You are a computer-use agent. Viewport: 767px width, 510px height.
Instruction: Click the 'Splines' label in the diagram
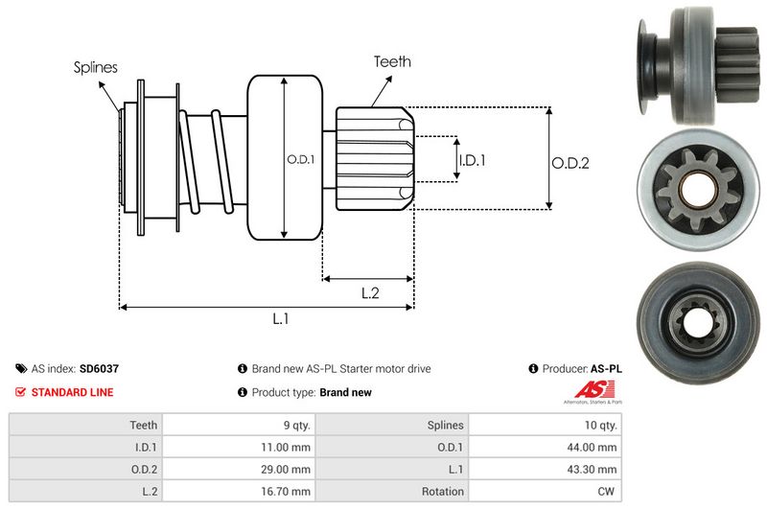95,67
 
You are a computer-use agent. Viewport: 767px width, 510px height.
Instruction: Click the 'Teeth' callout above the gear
392,61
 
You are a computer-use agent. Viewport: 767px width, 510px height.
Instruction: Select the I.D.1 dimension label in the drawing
472,160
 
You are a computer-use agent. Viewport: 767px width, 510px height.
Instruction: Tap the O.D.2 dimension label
569,163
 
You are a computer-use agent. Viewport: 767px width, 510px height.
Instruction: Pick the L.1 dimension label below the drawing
281,319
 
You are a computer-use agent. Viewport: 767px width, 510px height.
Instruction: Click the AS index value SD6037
100,368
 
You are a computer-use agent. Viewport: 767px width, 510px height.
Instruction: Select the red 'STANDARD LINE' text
72,392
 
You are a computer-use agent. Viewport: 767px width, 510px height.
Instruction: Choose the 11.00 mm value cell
287,447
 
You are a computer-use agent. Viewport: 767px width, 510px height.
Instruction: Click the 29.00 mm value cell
287,469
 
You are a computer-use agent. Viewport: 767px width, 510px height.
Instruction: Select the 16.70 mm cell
287,492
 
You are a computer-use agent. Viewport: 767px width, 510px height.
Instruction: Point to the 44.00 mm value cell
594,447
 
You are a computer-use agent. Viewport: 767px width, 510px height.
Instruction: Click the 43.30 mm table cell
594,469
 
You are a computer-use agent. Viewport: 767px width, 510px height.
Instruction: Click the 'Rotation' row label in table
442,492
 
